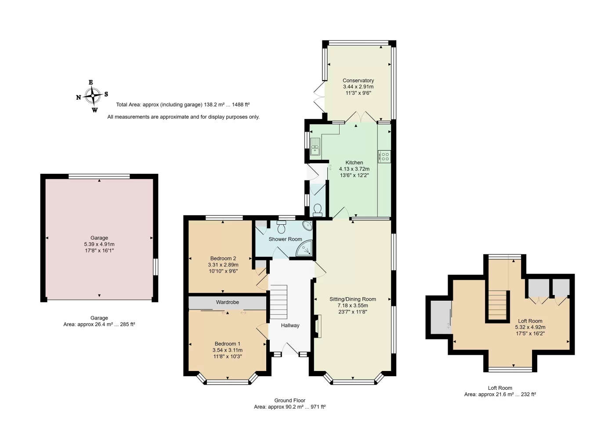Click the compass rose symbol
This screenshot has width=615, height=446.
pyautogui.click(x=93, y=96)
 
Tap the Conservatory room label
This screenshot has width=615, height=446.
pyautogui.click(x=358, y=80)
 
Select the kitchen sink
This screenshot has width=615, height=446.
pyautogui.click(x=315, y=147)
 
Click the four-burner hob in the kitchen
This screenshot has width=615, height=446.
pyautogui.click(x=384, y=157)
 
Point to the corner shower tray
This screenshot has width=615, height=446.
pyautogui.click(x=305, y=248)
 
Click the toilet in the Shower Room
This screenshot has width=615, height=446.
pyautogui.click(x=282, y=227)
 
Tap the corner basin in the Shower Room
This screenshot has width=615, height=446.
pyautogui.click(x=307, y=226)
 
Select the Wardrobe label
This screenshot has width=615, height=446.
pyautogui.click(x=228, y=302)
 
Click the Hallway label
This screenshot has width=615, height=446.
pyautogui.click(x=290, y=325)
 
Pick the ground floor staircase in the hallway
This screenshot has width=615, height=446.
pyautogui.click(x=279, y=302)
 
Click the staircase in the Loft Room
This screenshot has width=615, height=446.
pyautogui.click(x=497, y=305)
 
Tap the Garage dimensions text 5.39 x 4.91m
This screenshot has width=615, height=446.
pyautogui.click(x=99, y=244)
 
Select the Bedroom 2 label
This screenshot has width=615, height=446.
pyautogui.click(x=223, y=259)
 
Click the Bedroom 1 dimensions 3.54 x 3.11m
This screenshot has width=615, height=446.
pyautogui.click(x=228, y=350)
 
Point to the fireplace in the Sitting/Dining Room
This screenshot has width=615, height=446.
pyautogui.click(x=319, y=327)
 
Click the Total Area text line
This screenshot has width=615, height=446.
pyautogui.click(x=183, y=104)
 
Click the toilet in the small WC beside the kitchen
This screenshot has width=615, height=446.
pyautogui.click(x=318, y=210)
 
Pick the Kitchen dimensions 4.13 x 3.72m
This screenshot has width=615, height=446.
pyautogui.click(x=354, y=169)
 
